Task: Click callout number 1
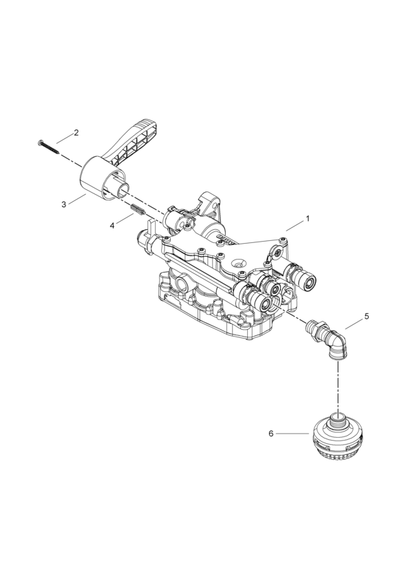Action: coord(307,219)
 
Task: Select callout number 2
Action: coord(76,133)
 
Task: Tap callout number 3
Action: coord(64,204)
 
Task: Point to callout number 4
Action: coord(112,225)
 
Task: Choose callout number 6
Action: coord(271,433)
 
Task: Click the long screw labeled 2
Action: coord(49,147)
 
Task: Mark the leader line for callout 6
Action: coord(293,433)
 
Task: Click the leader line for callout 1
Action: coord(295,226)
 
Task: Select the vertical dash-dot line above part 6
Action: coord(337,385)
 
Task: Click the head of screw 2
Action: coord(40,142)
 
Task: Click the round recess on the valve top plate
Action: coord(237,264)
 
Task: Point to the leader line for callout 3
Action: coord(77,198)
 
